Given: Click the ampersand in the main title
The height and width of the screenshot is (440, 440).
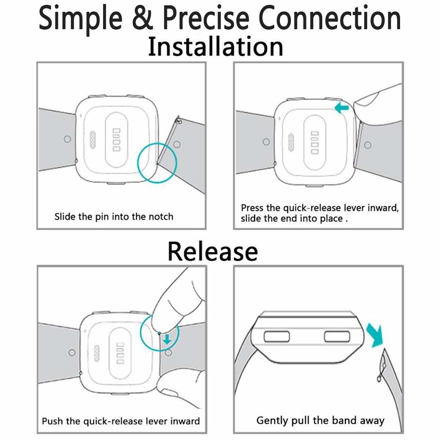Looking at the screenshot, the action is pyautogui.click(x=143, y=18).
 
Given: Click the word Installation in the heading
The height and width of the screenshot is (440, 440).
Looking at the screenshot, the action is pyautogui.click(x=216, y=46).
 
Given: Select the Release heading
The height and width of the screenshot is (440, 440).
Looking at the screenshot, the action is pyautogui.click(x=213, y=251).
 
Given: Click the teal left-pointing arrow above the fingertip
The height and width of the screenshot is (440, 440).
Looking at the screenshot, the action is pyautogui.click(x=342, y=108).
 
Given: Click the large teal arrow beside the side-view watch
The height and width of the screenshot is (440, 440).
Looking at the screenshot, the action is pyautogui.click(x=375, y=335).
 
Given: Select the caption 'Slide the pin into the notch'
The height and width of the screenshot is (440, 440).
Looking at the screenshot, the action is pyautogui.click(x=114, y=217).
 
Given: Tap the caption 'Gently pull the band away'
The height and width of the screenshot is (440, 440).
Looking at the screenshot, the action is pyautogui.click(x=320, y=420).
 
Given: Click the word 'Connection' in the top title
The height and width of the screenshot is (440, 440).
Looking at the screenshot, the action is pyautogui.click(x=330, y=18).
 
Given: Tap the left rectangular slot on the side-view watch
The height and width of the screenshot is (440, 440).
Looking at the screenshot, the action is pyautogui.click(x=277, y=337).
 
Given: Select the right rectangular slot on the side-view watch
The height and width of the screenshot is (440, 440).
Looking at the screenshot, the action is pyautogui.click(x=337, y=337).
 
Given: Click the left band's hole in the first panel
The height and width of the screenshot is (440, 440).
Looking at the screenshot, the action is pyautogui.click(x=67, y=139).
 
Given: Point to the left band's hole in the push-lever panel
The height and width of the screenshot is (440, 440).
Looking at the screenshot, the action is pyautogui.click(x=72, y=352).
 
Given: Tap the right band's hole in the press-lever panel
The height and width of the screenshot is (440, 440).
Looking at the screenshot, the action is pyautogui.click(x=367, y=145).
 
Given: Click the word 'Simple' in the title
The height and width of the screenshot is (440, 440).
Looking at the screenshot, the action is pyautogui.click(x=81, y=19).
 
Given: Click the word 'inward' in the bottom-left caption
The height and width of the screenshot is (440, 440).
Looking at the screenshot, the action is pyautogui.click(x=185, y=421).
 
